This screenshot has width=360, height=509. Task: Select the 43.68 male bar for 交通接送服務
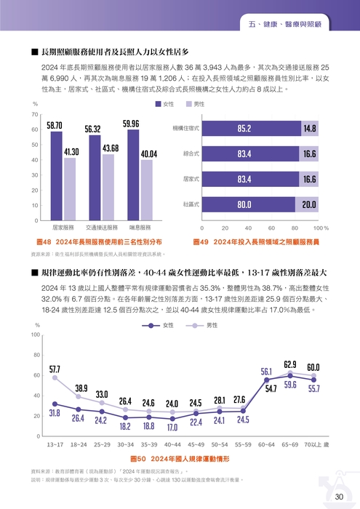click(110, 187)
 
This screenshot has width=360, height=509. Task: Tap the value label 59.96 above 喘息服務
click(131, 124)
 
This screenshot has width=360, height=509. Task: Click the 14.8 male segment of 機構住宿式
click(309, 129)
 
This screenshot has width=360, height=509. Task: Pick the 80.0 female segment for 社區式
click(249, 205)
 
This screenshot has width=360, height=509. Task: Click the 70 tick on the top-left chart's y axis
click(35, 115)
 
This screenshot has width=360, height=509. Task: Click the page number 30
click(338, 497)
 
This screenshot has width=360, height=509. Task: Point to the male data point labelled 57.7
click(55, 377)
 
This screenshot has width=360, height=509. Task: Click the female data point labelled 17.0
click(172, 419)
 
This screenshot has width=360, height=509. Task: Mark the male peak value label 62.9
click(290, 364)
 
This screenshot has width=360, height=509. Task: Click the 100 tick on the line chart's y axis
click(35, 334)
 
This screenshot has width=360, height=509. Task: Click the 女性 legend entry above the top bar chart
click(162, 105)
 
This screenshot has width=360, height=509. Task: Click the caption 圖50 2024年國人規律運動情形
click(179, 460)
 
